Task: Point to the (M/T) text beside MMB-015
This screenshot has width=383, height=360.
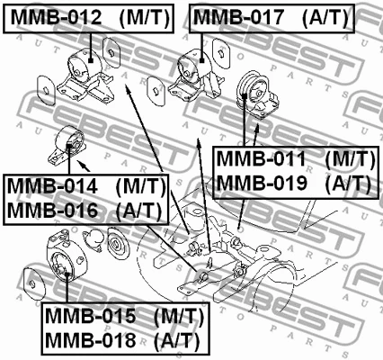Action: (x=178, y=318)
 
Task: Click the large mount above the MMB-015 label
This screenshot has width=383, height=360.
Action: (x=63, y=265)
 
